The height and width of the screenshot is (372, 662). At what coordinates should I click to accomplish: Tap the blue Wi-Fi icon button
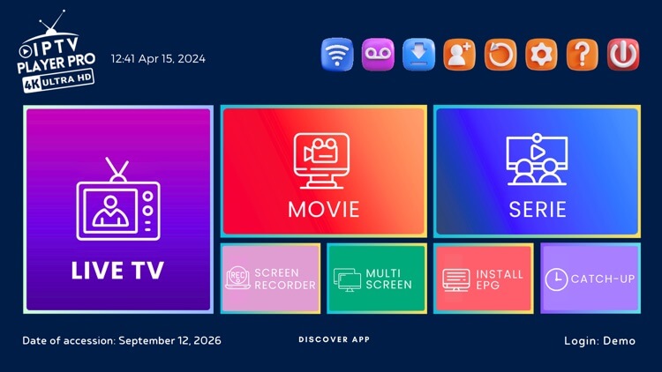tap(335, 55)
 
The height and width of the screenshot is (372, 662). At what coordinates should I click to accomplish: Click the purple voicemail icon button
tap(377, 55)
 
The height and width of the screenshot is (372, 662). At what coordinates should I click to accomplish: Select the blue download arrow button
tap(418, 55)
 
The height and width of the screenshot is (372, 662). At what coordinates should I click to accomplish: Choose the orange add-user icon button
tap(459, 55)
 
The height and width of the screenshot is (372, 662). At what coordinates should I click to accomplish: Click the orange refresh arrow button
tap(500, 55)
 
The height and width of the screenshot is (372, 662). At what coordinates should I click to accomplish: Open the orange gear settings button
tap(541, 55)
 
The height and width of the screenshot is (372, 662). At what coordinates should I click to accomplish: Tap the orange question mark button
tap(583, 55)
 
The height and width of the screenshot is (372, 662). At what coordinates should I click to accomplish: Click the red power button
tap(623, 55)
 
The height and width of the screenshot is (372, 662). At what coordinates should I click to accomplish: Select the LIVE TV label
tap(117, 270)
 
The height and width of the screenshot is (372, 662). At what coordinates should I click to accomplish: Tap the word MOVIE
tap(324, 209)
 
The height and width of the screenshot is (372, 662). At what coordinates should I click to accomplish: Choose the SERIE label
tap(537, 209)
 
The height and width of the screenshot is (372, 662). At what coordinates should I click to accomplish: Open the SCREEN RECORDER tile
tap(271, 279)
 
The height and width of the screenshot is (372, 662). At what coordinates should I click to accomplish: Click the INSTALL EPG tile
tap(483, 279)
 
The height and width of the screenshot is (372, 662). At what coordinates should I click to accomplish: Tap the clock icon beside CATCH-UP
tap(555, 279)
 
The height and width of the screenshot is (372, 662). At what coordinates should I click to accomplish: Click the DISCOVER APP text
tap(334, 339)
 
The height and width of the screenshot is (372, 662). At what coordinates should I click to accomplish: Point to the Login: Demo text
tap(598, 340)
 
